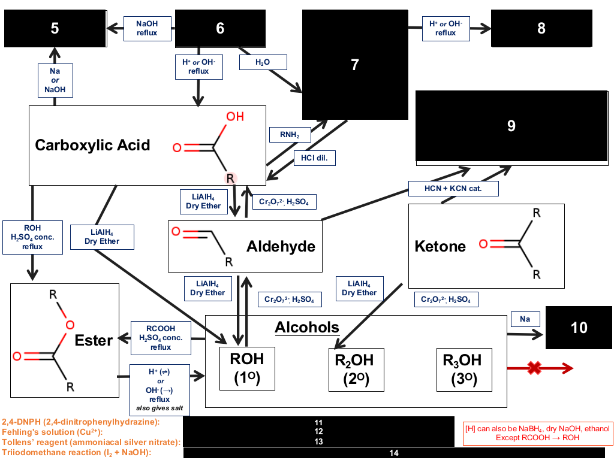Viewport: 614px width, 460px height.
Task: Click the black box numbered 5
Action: (x=55, y=28)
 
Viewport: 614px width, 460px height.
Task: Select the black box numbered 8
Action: (x=541, y=28)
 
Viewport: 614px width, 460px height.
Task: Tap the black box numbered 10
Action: (x=579, y=328)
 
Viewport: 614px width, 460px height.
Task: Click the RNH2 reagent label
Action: (x=290, y=135)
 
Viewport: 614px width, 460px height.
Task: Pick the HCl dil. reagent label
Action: (x=314, y=158)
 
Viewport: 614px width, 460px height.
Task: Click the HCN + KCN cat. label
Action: (x=453, y=189)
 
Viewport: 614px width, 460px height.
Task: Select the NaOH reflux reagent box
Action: (x=148, y=29)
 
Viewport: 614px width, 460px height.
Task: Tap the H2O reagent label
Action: (x=263, y=62)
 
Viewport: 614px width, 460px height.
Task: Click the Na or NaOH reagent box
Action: (x=55, y=80)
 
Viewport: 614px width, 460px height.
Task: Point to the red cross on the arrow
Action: (x=534, y=368)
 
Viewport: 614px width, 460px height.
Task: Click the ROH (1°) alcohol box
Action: (x=247, y=368)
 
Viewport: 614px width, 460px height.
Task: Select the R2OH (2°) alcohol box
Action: (x=356, y=370)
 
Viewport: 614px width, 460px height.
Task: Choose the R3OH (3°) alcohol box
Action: (x=464, y=370)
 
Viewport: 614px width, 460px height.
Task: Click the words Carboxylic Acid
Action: (x=92, y=145)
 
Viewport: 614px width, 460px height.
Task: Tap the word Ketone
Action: (x=440, y=246)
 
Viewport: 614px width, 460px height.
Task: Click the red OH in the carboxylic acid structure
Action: (x=235, y=117)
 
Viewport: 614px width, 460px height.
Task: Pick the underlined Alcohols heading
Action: (x=307, y=328)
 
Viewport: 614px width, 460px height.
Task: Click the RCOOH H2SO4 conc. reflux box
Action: (x=161, y=338)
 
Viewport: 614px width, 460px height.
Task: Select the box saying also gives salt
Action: (x=159, y=390)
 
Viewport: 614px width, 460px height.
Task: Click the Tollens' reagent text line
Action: (x=91, y=442)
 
